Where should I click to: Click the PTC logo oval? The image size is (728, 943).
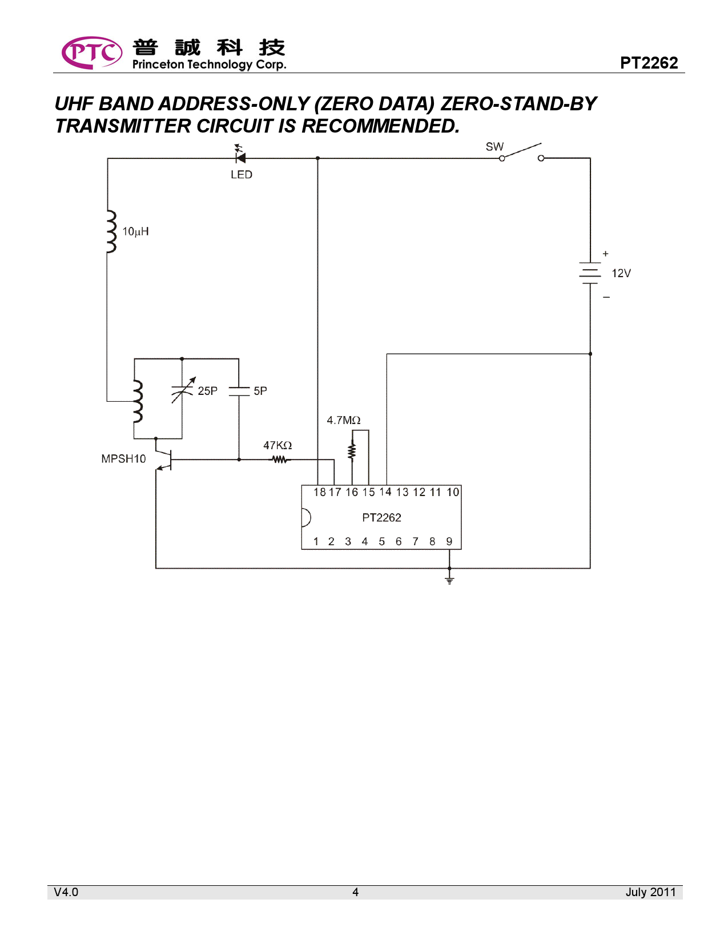click(x=91, y=53)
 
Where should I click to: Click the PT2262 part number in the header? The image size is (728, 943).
click(x=649, y=63)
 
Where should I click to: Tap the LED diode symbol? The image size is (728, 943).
click(x=240, y=157)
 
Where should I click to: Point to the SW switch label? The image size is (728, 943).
click(x=494, y=147)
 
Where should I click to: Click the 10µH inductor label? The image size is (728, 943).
click(x=135, y=231)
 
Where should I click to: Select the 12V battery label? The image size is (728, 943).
click(x=621, y=273)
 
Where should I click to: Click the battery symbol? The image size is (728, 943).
click(x=590, y=273)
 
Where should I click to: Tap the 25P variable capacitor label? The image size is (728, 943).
click(x=207, y=391)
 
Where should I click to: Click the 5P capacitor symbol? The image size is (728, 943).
click(x=239, y=391)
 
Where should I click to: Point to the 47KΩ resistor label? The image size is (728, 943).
click(x=277, y=445)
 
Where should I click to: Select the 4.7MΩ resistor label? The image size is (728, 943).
click(x=343, y=421)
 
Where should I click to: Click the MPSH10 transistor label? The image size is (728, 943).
click(x=123, y=459)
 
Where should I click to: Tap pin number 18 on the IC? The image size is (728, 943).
click(x=319, y=492)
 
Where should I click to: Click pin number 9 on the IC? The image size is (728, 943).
click(x=449, y=541)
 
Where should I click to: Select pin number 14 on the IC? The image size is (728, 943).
click(x=385, y=492)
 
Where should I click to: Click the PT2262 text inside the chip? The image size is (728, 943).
click(x=381, y=518)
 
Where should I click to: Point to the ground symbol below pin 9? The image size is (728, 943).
click(x=449, y=581)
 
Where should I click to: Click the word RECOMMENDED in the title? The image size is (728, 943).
click(x=380, y=126)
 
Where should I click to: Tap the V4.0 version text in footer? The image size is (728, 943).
click(x=66, y=892)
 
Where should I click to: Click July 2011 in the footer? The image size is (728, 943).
click(x=650, y=892)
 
